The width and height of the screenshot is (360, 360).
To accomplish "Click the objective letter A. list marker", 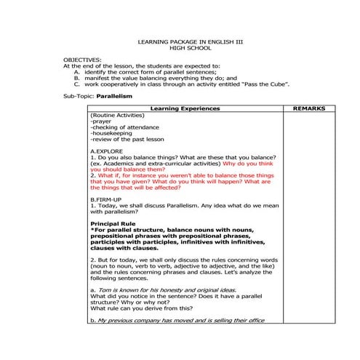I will pyautogui.click(x=77, y=72).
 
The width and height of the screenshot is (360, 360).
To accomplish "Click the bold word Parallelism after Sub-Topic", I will pyautogui.click(x=116, y=96).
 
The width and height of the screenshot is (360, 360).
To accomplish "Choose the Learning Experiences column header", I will pyautogui.click(x=184, y=108).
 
